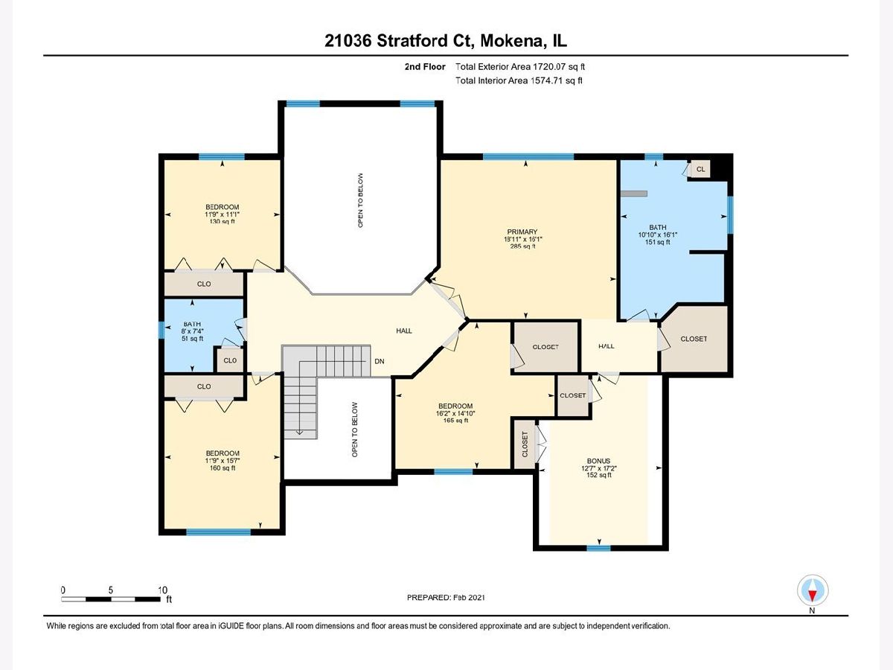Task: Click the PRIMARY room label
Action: click(x=522, y=232)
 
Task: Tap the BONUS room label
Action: click(x=598, y=461)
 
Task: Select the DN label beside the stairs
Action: click(x=380, y=361)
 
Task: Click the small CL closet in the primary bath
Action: click(x=700, y=169)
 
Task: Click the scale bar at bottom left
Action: click(x=111, y=599)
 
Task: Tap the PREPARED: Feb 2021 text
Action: click(x=446, y=598)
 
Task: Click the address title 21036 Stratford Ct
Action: click(x=400, y=41)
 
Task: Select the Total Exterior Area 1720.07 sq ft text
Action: click(x=520, y=67)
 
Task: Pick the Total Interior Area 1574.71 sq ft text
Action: click(x=519, y=80)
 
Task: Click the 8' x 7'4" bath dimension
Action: click(x=192, y=331)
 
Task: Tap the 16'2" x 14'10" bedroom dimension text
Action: click(x=455, y=413)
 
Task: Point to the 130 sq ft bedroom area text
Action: click(x=222, y=221)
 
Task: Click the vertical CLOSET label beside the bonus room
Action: click(x=525, y=444)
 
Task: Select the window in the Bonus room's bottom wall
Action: click(x=598, y=549)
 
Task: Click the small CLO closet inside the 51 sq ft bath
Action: click(x=230, y=360)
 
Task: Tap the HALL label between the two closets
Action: click(x=606, y=346)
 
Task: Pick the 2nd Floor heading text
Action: click(x=425, y=67)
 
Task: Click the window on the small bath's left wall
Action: click(x=161, y=330)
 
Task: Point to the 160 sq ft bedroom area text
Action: click(x=222, y=468)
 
